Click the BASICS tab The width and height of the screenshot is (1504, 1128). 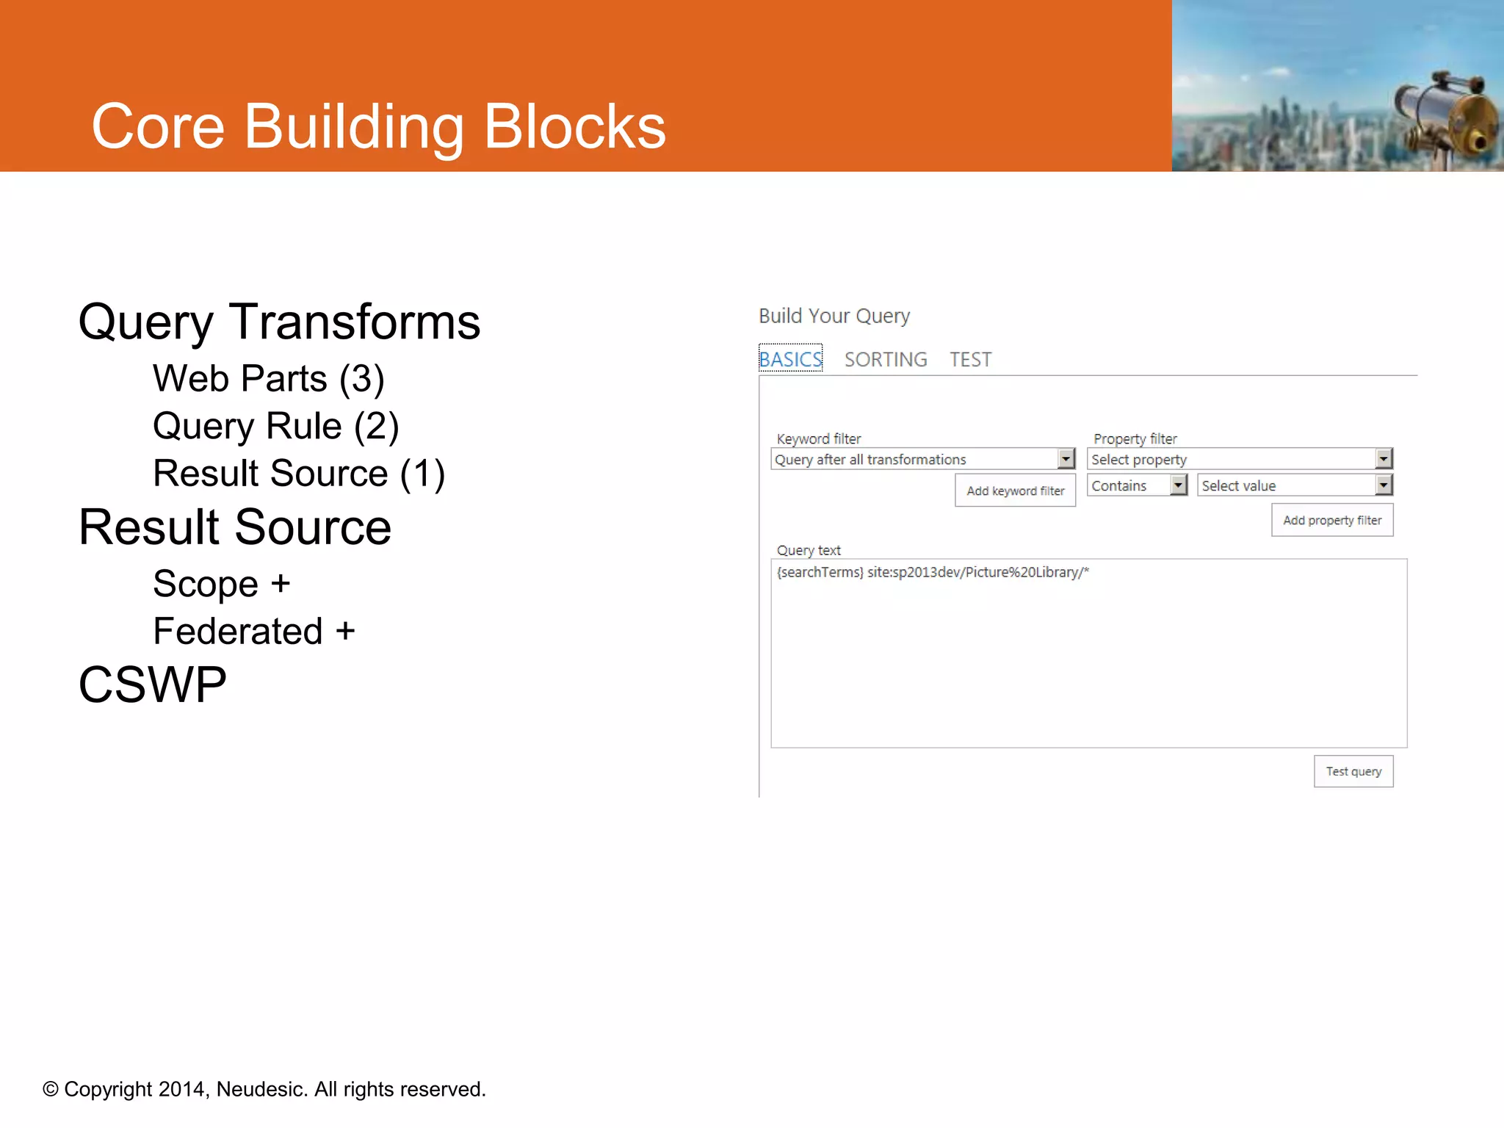pos(790,359)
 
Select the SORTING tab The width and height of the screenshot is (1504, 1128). pos(886,359)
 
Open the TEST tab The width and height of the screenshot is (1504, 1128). pos(970,359)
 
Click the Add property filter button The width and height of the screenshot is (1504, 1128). pos(1332,520)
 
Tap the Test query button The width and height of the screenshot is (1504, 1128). pos(1353,771)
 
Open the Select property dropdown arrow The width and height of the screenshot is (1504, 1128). pos(1384,459)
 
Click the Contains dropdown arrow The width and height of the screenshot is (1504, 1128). pos(1179,485)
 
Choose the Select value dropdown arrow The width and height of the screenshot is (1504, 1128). pos(1384,485)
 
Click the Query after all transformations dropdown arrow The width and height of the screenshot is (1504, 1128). pos(1066,459)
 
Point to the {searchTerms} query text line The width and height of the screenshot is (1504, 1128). pos(933,572)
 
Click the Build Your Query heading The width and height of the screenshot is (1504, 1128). pos(834,316)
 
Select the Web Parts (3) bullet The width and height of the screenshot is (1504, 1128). pos(268,379)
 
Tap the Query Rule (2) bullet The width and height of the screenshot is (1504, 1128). pos(275,426)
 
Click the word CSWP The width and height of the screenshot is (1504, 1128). pos(153,684)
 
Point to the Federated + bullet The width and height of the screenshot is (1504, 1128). pos(253,632)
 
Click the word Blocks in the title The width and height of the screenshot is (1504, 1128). pos(574,126)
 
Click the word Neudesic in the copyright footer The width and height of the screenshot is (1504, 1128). pos(261,1089)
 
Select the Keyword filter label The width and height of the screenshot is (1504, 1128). pos(819,438)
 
